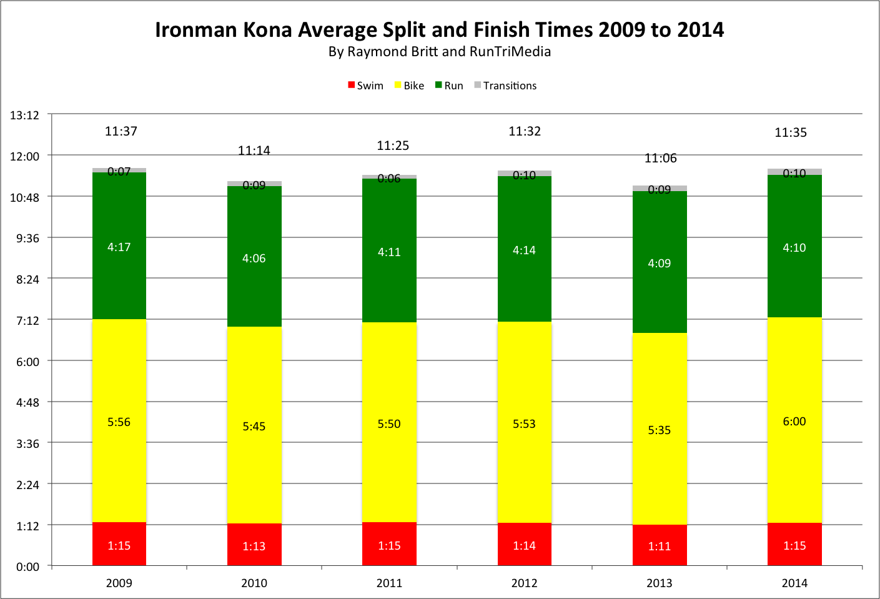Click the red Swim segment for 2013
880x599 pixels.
click(660, 545)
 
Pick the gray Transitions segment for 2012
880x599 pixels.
click(524, 173)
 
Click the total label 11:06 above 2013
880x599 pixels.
click(660, 158)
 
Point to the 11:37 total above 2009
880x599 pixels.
click(121, 131)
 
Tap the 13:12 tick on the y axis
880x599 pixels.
click(24, 115)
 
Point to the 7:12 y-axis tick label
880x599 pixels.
click(27, 320)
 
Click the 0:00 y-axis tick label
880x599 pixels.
click(27, 567)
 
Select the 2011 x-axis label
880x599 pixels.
click(389, 583)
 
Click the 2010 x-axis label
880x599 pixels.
click(254, 583)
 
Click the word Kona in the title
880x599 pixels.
click(267, 30)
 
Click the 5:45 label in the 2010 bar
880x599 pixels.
click(254, 427)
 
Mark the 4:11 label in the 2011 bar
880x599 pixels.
click(389, 252)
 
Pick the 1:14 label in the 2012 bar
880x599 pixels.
click(524, 545)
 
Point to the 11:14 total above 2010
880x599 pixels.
click(254, 151)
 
